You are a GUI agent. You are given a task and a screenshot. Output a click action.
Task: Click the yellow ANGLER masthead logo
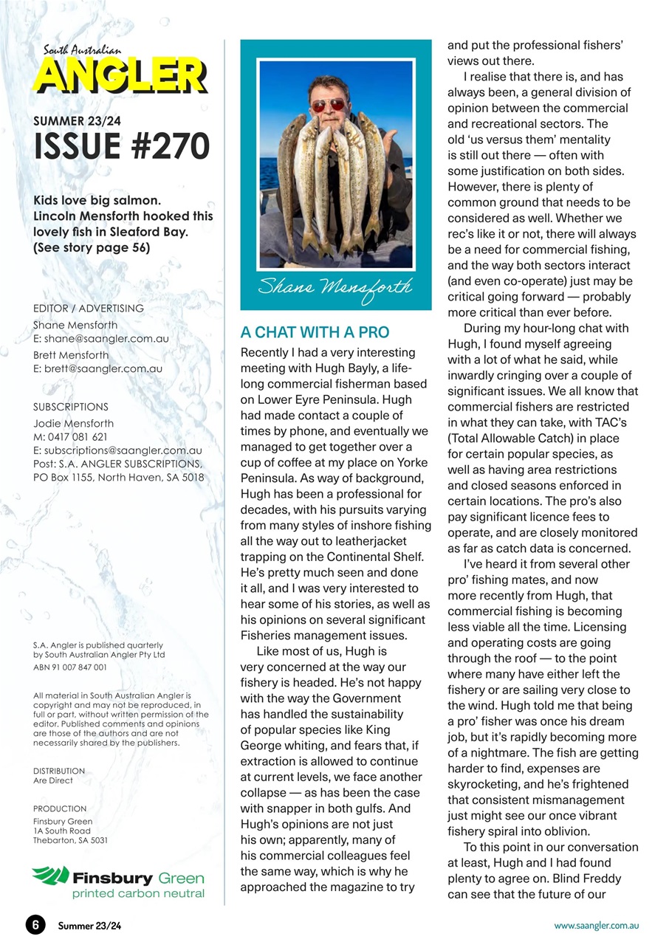tap(120, 76)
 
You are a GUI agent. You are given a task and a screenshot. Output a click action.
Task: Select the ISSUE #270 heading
tap(122, 146)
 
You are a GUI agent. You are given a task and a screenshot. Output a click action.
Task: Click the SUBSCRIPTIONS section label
tap(71, 407)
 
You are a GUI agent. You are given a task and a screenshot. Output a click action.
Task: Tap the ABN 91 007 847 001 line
tap(70, 667)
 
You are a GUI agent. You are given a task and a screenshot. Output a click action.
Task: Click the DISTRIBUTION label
tap(59, 771)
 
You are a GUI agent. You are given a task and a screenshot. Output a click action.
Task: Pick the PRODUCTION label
tap(60, 808)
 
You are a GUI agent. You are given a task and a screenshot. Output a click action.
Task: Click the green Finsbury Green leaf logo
tap(50, 876)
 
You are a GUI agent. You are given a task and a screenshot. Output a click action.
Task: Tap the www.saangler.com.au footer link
tap(597, 925)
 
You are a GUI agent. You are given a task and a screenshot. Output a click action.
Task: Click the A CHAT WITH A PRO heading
tap(315, 332)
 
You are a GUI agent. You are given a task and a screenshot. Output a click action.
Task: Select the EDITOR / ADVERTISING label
tap(89, 308)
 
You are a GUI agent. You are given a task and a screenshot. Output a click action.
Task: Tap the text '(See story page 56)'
tap(92, 247)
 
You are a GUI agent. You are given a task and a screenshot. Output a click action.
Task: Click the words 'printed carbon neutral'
tap(137, 894)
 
